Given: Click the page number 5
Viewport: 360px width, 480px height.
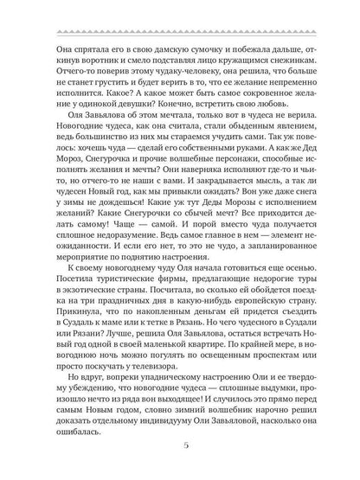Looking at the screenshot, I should coord(180,446).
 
